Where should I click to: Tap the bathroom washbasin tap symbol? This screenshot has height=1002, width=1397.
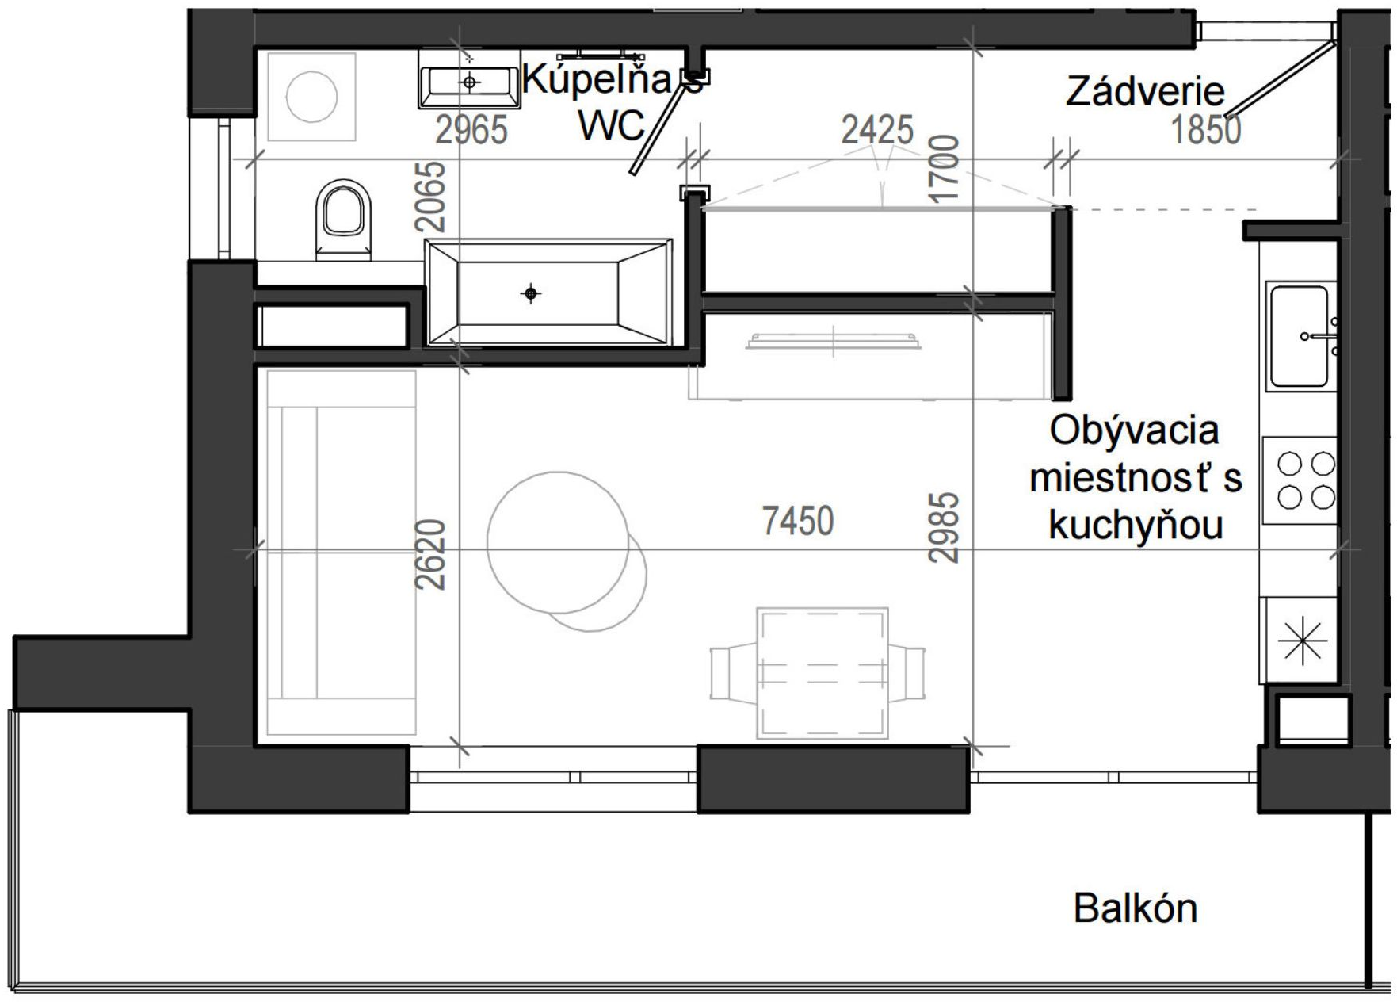[x=470, y=81]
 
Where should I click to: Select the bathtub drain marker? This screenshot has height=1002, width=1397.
[x=531, y=294]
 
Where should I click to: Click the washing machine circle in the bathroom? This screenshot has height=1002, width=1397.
[x=311, y=97]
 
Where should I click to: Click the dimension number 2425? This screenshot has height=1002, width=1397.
[x=876, y=129]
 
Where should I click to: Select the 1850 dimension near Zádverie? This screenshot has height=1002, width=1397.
[x=1205, y=129]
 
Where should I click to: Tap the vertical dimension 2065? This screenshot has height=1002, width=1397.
[x=432, y=196]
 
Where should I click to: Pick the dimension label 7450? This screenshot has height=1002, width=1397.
[x=798, y=522]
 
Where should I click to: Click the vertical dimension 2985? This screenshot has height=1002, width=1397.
[x=945, y=527]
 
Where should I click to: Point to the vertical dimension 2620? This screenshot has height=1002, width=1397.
[x=432, y=554]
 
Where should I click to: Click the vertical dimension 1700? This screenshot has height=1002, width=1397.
[x=945, y=169]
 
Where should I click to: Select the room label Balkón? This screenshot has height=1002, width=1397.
[x=1135, y=908]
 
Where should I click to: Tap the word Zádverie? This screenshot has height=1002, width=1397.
[x=1145, y=92]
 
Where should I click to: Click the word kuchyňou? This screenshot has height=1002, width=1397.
[x=1136, y=526]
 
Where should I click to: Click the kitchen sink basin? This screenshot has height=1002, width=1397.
[x=1299, y=336]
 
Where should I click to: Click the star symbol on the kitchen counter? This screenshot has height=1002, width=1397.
[x=1302, y=640]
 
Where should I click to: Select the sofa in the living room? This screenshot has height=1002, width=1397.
[x=341, y=553]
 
